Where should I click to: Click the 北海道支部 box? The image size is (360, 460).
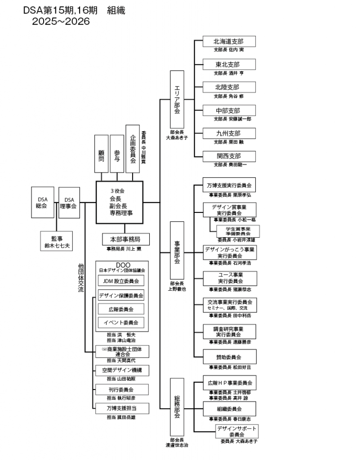point(229,41)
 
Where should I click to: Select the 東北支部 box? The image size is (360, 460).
point(229,64)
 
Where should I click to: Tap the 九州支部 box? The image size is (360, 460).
point(229,133)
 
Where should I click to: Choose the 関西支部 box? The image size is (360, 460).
point(229,156)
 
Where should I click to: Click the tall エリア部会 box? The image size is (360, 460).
point(177,99)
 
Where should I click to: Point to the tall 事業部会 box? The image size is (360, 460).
point(177,250)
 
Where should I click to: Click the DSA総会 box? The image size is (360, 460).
point(43,202)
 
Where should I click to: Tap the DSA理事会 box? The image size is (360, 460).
point(69,203)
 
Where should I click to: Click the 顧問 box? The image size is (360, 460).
point(101,154)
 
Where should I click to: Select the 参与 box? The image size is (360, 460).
point(117,154)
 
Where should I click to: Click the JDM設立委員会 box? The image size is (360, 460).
point(121,281)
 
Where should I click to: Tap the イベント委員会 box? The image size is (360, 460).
point(121,323)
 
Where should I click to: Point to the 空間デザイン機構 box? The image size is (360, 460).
point(122,371)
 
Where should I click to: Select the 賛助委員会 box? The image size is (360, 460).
point(229,357)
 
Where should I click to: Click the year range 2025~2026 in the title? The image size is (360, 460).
point(61,21)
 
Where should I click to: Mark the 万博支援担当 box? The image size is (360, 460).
point(122,408)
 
